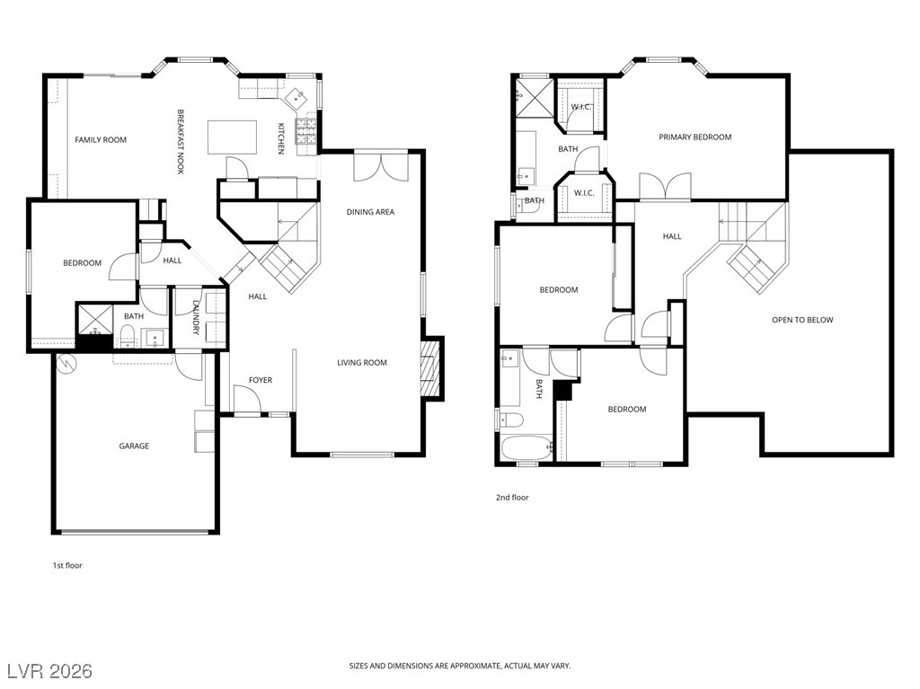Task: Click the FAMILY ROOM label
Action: pyautogui.click(x=101, y=139)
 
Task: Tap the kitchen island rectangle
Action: pyautogui.click(x=233, y=137)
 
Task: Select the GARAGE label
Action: pyautogui.click(x=134, y=446)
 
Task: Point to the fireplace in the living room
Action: pyautogui.click(x=430, y=368)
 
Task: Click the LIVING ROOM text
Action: pyautogui.click(x=362, y=363)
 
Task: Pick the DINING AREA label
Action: pyautogui.click(x=370, y=212)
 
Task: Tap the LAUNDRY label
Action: pyautogui.click(x=196, y=317)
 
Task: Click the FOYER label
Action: pyautogui.click(x=261, y=380)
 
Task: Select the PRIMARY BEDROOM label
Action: pyautogui.click(x=695, y=137)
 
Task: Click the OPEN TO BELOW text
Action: pyautogui.click(x=802, y=320)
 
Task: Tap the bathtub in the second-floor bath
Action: pyautogui.click(x=526, y=449)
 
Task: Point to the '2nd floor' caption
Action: pyautogui.click(x=512, y=498)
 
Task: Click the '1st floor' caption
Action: pyautogui.click(x=67, y=566)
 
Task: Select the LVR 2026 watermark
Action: pyautogui.click(x=50, y=671)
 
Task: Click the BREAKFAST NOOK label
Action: pyautogui.click(x=181, y=141)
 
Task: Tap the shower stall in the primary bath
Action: pyautogui.click(x=535, y=99)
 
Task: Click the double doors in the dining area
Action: pyautogui.click(x=381, y=167)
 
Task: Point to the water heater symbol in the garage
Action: pyautogui.click(x=66, y=365)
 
